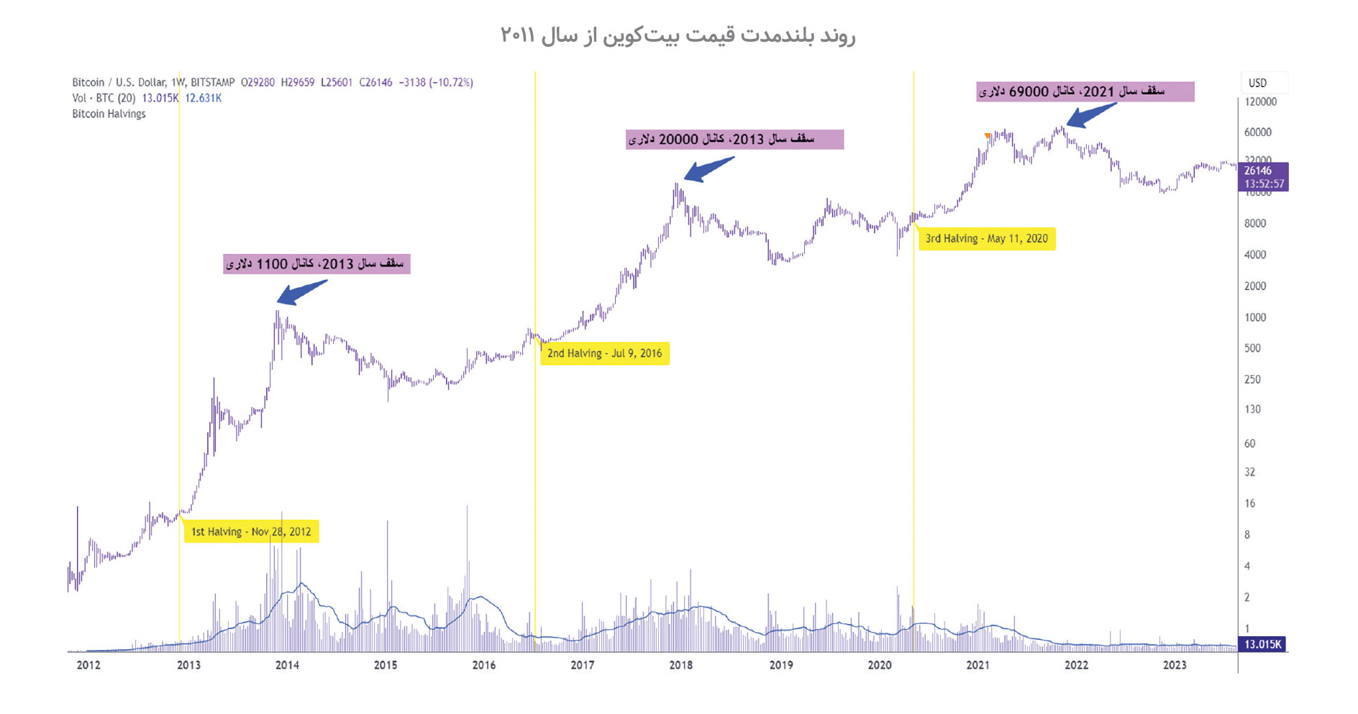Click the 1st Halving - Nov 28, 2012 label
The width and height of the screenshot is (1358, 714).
(x=251, y=532)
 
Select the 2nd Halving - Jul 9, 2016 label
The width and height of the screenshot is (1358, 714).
(x=604, y=353)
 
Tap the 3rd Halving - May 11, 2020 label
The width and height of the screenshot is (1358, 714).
(x=986, y=239)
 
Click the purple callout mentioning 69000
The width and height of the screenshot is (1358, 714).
(x=1085, y=91)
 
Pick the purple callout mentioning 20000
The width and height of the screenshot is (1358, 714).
(x=734, y=139)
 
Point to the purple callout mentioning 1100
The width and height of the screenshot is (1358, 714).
(x=316, y=263)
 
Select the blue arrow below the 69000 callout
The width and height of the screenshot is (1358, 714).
(x=1090, y=115)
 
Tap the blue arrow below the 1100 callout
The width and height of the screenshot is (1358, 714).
(x=301, y=292)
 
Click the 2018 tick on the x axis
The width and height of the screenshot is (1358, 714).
(x=680, y=665)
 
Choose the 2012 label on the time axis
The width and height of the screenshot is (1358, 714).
(x=88, y=665)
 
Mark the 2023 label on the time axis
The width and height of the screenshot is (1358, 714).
(x=1175, y=665)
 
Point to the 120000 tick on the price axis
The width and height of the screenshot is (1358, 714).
(x=1260, y=101)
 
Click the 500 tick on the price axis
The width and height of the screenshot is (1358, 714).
(x=1252, y=348)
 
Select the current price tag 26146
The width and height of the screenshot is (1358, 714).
(x=1262, y=176)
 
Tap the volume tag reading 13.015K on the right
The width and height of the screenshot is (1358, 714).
(x=1262, y=644)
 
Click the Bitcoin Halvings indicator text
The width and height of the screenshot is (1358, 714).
(x=109, y=114)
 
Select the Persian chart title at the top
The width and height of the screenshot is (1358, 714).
(x=678, y=35)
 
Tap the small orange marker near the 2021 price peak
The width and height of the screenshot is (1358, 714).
(x=988, y=135)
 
